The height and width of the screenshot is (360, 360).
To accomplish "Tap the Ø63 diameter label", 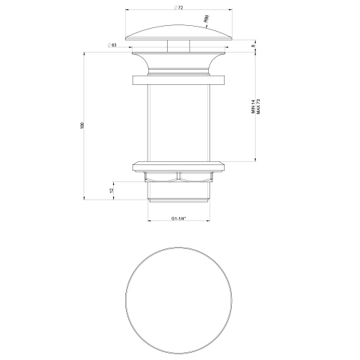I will tap(113, 45).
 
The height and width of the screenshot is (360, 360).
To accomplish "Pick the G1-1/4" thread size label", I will tap(179, 218).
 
